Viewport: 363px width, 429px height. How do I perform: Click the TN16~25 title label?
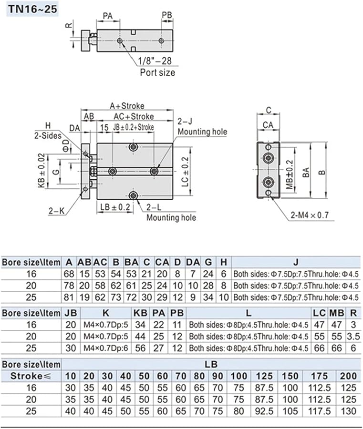32,9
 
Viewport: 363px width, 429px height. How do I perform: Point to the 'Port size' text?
157,72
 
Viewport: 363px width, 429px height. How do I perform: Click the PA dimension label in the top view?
108,16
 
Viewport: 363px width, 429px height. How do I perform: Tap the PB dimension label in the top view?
167,15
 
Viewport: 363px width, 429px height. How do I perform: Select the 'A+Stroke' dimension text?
127,106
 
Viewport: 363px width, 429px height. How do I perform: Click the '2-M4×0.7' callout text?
310,215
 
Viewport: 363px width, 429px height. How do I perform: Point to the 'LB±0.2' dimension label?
115,207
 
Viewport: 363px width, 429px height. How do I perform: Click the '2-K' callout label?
56,211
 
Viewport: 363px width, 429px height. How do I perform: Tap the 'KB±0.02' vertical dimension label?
41,170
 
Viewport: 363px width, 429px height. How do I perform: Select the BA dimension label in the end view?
306,173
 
